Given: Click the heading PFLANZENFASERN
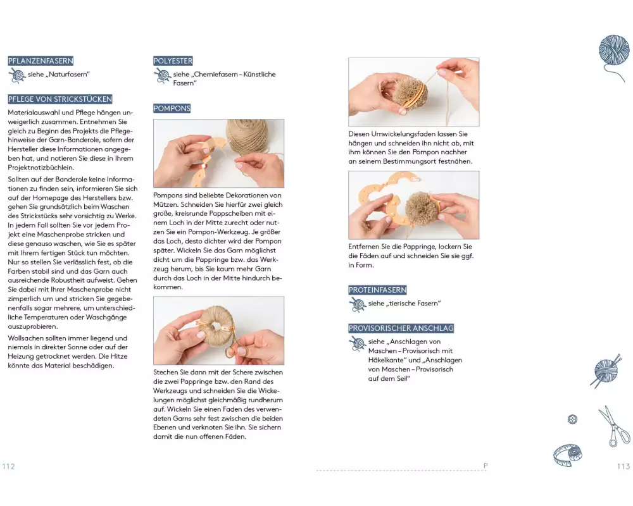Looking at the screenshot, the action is tap(41, 61).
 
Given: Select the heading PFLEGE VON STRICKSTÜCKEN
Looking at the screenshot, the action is tap(60, 99).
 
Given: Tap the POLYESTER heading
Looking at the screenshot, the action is tap(173, 61).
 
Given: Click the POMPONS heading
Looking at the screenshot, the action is tap(172, 109).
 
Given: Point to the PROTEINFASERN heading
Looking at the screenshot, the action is tap(377, 290).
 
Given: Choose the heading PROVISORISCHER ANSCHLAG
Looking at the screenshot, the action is tap(401, 328).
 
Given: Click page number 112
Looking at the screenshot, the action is tap(8, 466).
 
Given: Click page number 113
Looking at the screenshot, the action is tap(624, 466).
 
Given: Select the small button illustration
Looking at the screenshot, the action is tap(572, 419).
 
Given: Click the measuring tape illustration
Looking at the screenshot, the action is tap(568, 455).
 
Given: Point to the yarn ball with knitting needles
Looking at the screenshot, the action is tap(606, 371).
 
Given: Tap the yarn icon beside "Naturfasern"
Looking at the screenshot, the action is tap(17, 75).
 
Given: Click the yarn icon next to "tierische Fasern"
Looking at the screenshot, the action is tap(357, 305).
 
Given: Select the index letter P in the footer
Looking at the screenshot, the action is tap(486, 466).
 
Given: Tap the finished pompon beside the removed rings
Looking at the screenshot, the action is tap(422, 208).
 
